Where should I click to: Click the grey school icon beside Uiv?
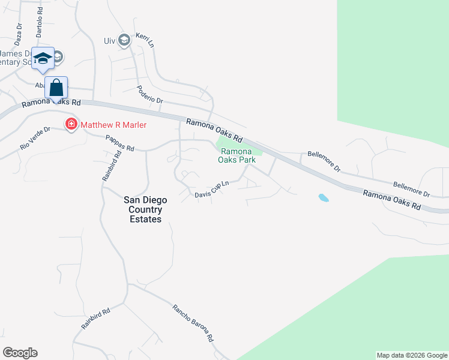pos(124,40)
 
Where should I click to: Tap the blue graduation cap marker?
pos(43,59)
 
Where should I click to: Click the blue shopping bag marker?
pos(56,88)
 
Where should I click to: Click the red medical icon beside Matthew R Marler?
pos(71,124)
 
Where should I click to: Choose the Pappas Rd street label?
pos(119,143)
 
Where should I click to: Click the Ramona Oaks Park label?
pos(238,156)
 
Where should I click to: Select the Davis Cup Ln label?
pos(212,190)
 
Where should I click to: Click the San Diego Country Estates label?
pos(143,210)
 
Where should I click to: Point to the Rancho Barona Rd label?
pos(193,323)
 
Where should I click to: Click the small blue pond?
pos(324,197)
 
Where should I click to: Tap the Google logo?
pos(20,353)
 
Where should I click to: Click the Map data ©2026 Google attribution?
pos(412,355)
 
